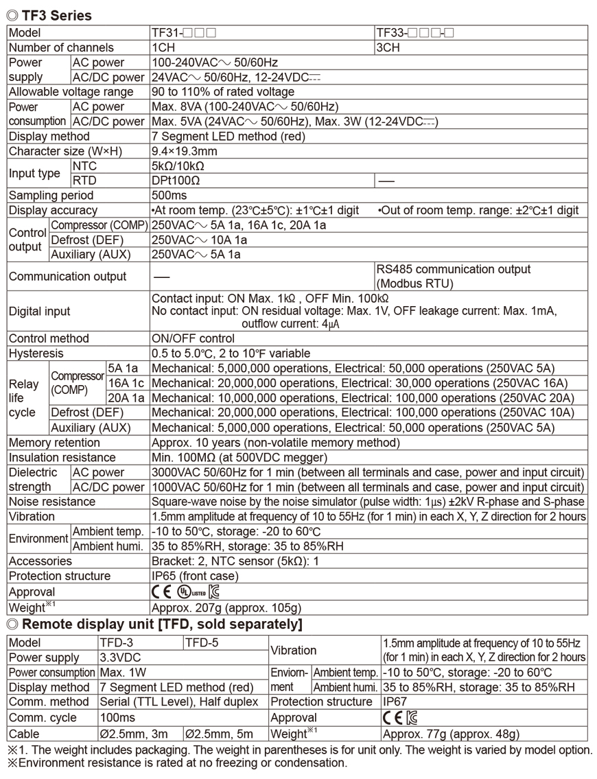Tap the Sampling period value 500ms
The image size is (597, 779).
(x=167, y=196)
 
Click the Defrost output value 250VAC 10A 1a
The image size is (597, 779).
(x=199, y=240)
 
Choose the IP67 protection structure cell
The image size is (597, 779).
(x=395, y=702)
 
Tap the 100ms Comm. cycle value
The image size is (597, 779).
(x=115, y=717)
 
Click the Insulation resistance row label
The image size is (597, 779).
(x=62, y=457)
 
